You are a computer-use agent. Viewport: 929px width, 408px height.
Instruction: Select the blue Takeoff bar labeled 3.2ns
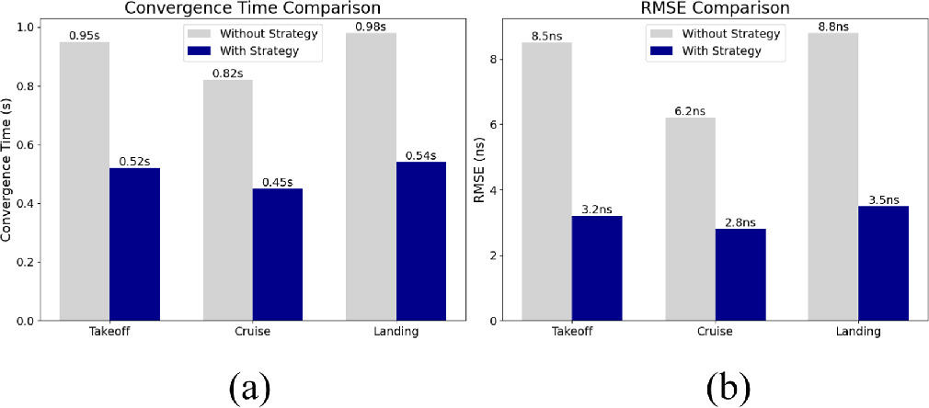pyautogui.click(x=597, y=267)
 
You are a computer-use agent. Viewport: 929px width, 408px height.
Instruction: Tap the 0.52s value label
pyautogui.click(x=134, y=160)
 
